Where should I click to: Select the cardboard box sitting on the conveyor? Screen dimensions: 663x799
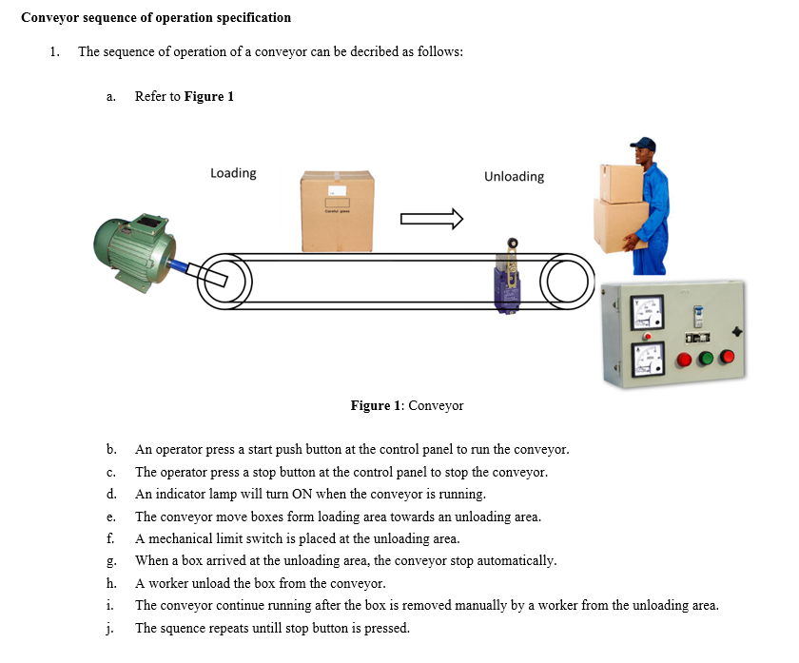tap(338, 211)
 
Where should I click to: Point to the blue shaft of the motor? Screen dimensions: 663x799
tap(182, 263)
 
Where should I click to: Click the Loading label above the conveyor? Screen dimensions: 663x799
tap(233, 173)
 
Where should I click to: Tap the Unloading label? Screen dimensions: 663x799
tap(514, 177)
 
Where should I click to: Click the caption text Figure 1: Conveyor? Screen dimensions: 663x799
tap(407, 406)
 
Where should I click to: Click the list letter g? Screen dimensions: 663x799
tap(111, 561)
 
